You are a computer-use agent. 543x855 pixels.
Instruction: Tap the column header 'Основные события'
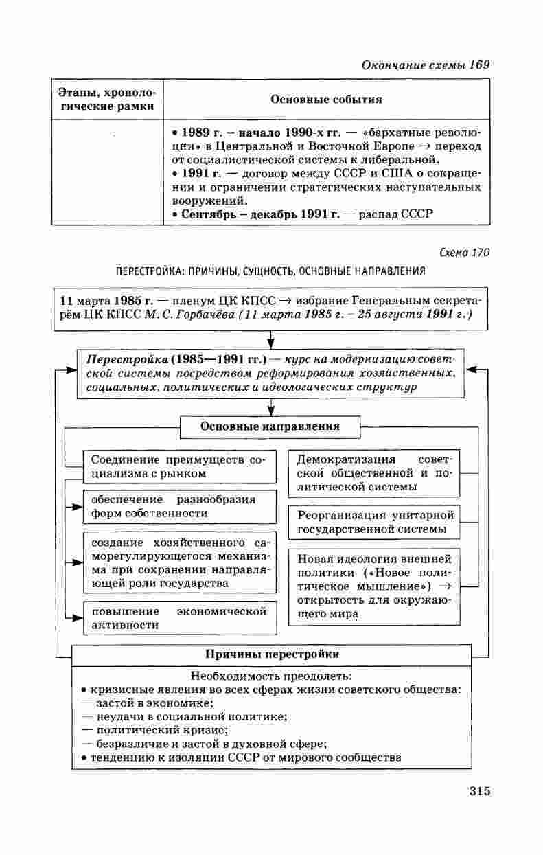pos(326,100)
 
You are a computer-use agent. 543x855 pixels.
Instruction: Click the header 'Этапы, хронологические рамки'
pos(106,100)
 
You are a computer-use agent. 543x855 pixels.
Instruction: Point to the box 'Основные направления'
pos(270,426)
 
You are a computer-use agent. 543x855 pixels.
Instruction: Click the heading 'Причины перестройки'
pos(273,654)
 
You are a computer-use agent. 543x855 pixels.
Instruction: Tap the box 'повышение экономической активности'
pos(178,618)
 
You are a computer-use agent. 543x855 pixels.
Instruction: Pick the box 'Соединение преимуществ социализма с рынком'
pos(178,466)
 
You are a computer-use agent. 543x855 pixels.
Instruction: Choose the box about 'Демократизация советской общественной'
pos(375,472)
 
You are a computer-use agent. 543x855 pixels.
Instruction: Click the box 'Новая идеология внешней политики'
pos(375,586)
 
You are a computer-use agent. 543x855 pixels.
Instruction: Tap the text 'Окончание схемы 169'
pos(425,65)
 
